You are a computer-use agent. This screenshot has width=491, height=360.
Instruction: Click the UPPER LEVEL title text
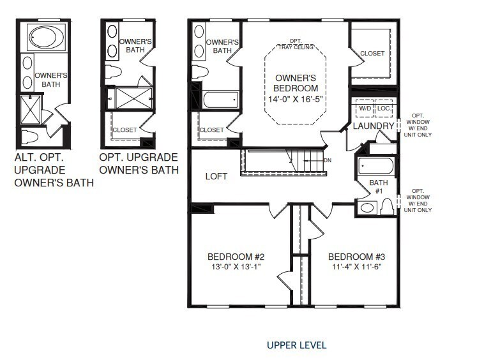click(x=296, y=345)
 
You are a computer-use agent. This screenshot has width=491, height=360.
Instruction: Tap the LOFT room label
click(x=216, y=176)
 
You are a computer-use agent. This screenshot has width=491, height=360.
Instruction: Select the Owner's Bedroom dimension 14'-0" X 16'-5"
click(x=296, y=99)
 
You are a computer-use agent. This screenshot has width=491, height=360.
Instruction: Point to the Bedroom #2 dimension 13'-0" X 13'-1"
click(x=236, y=267)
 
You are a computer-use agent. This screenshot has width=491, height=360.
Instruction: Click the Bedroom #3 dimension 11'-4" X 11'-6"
click(x=357, y=267)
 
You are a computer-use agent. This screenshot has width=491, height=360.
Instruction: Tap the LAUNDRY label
click(x=374, y=126)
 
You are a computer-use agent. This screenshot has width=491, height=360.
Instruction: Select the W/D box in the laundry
click(x=365, y=109)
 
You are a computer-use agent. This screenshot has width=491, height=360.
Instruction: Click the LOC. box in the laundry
click(x=384, y=109)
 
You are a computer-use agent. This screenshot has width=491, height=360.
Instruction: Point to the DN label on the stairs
click(x=328, y=161)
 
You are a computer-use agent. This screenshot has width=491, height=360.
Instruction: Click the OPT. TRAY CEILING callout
click(x=296, y=45)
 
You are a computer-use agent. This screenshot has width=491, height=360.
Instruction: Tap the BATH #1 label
click(x=379, y=186)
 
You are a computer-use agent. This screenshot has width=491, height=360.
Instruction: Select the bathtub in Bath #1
click(x=376, y=165)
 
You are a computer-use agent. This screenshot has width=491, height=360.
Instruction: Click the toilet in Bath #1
click(x=388, y=207)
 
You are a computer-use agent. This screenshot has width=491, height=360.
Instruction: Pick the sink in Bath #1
click(x=367, y=208)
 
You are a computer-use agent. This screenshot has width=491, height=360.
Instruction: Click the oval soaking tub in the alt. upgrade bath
click(x=47, y=37)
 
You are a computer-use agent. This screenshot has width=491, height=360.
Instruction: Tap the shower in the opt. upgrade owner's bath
click(x=133, y=98)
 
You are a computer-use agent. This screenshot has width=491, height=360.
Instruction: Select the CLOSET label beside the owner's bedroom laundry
click(x=372, y=54)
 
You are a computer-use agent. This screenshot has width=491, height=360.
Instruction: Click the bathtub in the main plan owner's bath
click(x=221, y=100)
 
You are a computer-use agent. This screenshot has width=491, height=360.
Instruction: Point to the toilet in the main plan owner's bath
click(x=200, y=71)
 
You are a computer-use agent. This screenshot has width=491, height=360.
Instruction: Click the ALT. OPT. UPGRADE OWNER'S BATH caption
click(x=54, y=170)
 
